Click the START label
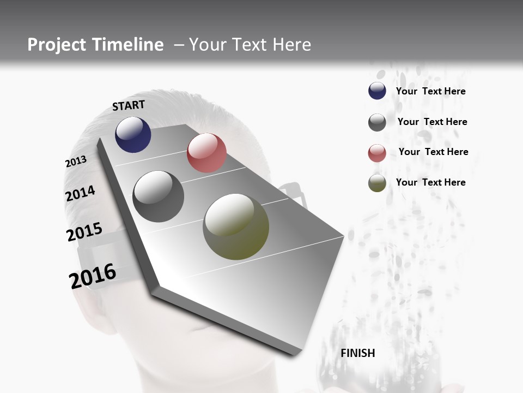(129, 105)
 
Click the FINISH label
(357, 353)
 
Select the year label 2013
(76, 162)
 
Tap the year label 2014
(80, 194)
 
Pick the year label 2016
(93, 276)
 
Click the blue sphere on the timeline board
(133, 135)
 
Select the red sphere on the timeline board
(206, 153)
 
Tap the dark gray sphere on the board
(158, 196)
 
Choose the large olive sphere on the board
(236, 227)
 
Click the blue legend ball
(377, 91)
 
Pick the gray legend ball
(377, 122)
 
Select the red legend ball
(377, 153)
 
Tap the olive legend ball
(377, 183)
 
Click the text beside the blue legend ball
(430, 91)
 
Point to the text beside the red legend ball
(433, 152)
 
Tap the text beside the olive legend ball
(430, 182)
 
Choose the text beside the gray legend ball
(432, 122)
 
